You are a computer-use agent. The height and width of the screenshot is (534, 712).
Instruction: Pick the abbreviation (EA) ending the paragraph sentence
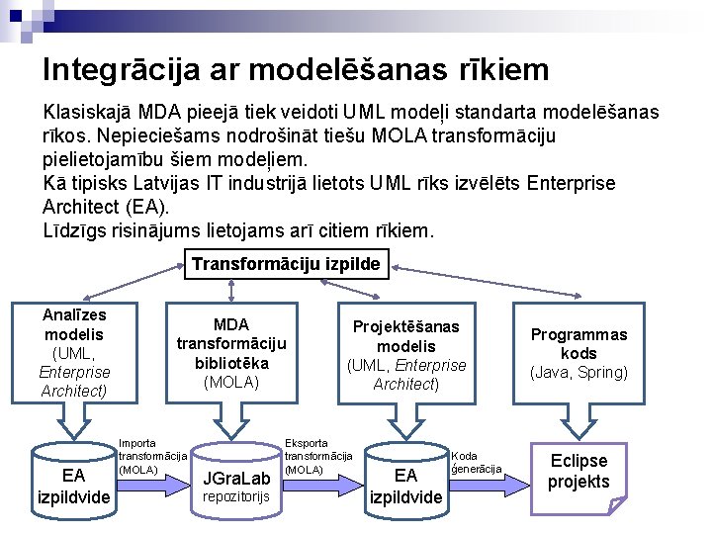(146, 208)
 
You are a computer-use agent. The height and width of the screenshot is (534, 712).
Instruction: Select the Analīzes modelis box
(75, 352)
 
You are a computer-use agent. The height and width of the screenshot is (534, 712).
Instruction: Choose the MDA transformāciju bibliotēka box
(231, 353)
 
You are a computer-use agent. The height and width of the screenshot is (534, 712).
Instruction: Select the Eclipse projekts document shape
(578, 472)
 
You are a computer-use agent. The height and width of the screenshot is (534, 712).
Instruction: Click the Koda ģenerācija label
(477, 462)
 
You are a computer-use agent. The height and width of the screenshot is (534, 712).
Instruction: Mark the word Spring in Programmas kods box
(603, 373)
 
